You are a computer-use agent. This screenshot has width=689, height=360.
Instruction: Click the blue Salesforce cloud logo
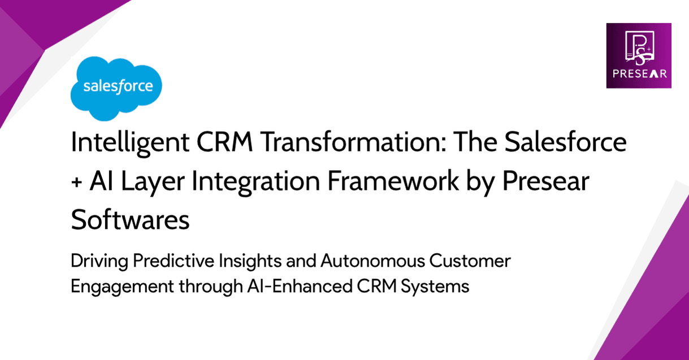(116, 88)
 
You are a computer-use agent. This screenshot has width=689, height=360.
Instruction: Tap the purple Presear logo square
(639, 55)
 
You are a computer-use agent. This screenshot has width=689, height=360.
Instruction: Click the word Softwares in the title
(130, 219)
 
